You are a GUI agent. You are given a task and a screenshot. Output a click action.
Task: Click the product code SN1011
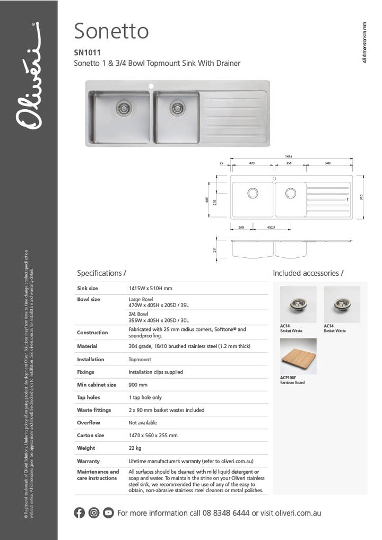tap(87, 53)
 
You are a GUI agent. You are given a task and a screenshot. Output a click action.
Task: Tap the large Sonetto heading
tap(111, 31)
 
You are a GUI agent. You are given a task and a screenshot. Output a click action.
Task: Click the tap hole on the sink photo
tap(151, 85)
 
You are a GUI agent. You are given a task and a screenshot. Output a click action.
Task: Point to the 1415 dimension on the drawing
tap(289, 156)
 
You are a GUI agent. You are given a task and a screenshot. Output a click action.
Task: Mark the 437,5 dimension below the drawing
tap(272, 227)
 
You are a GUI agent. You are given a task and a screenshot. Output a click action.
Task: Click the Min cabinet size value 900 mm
tap(138, 385)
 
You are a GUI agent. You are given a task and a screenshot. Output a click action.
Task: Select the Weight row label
tap(86, 448)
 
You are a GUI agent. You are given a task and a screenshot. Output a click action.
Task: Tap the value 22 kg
tap(135, 448)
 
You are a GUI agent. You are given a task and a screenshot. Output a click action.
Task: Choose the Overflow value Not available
tap(143, 423)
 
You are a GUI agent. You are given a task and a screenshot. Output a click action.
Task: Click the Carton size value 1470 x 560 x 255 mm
tap(153, 436)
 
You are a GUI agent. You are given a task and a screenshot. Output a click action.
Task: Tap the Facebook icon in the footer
tap(80, 513)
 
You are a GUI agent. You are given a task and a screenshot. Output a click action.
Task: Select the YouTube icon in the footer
tap(108, 513)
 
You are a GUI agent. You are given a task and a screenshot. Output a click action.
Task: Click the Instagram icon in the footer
tap(94, 513)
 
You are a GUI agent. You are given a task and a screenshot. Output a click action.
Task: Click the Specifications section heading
tap(101, 273)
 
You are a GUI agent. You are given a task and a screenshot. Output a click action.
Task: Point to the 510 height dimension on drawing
tap(361, 197)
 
